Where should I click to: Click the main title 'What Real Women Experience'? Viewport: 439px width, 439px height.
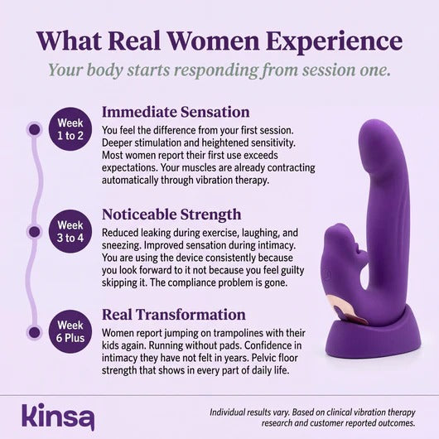pos(219,41)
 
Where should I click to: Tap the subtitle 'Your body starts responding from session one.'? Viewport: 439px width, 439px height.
pos(219,70)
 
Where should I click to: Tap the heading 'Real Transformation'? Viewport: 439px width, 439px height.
pos(173,315)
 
